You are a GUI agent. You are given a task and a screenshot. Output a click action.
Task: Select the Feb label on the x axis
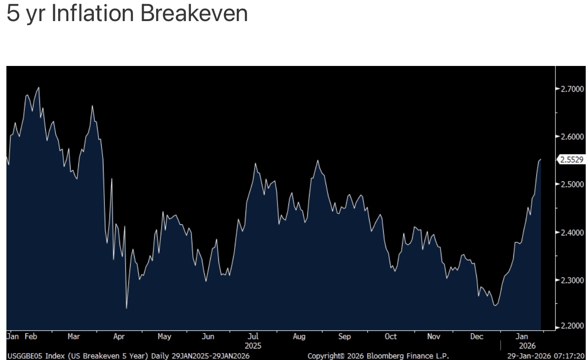[31, 337]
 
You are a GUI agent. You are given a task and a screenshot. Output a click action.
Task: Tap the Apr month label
[119, 337]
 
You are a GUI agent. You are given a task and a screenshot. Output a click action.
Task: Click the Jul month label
[253, 337]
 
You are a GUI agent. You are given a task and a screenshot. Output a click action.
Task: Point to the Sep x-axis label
[344, 337]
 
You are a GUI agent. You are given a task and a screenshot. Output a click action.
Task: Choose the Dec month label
[477, 337]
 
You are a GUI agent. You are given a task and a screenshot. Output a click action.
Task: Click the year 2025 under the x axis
[253, 346]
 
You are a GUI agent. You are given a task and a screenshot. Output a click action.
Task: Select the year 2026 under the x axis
[524, 346]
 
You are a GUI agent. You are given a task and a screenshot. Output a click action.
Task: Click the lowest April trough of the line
[126, 308]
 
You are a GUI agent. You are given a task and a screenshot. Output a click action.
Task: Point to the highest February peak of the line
[38, 87]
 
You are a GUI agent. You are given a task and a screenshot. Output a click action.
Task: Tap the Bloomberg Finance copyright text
[378, 356]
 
